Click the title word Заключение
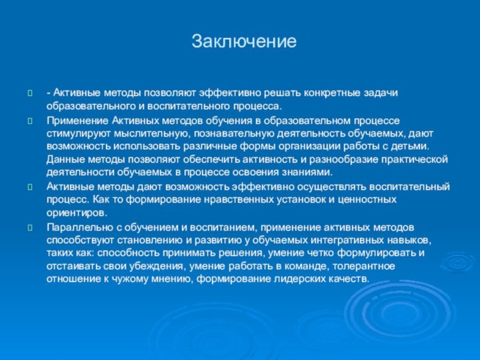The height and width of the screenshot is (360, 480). pyautogui.click(x=243, y=41)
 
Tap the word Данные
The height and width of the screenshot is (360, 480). pyautogui.click(x=64, y=159)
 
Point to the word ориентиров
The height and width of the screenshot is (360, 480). pyautogui.click(x=76, y=212)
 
